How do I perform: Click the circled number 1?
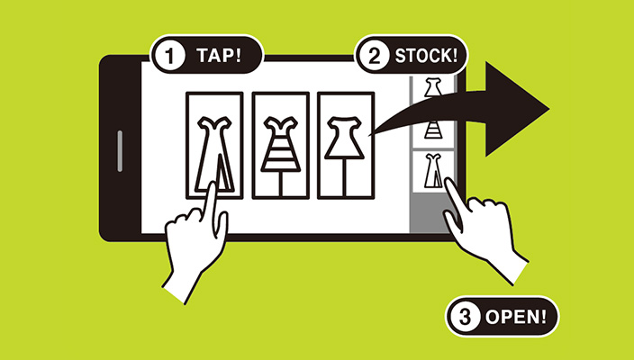[170, 55]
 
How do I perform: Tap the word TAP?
[219, 55]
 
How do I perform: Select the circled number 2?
[375, 56]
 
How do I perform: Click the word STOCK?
[426, 56]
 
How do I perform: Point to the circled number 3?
[465, 317]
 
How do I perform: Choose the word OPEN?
[516, 317]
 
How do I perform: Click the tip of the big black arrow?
[548, 109]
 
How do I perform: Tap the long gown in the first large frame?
[214, 154]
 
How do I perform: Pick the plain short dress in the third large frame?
[345, 138]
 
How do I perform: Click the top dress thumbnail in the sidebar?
[433, 87]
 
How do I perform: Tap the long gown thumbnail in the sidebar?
[433, 171]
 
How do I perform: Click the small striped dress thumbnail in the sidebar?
[433, 130]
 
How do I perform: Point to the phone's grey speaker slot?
[120, 151]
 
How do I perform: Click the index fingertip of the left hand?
[212, 185]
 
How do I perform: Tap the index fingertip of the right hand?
[448, 182]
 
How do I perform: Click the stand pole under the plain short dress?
[345, 178]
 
